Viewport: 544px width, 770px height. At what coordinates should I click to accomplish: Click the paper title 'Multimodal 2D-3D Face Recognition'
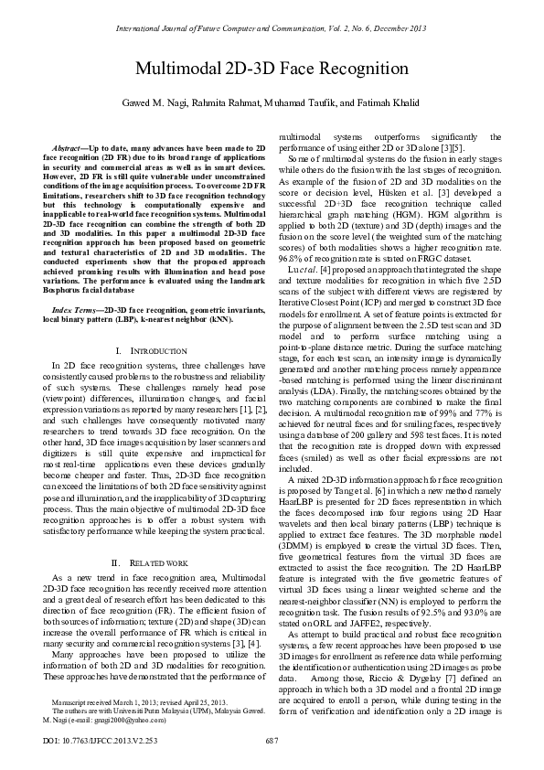[x=272, y=69]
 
